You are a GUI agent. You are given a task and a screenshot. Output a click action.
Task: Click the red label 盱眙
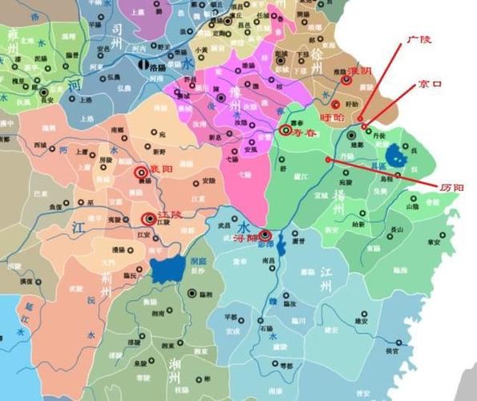330,117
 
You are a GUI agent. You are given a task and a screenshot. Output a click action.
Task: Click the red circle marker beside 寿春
285,130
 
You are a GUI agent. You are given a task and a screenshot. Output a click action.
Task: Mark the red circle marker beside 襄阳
140,170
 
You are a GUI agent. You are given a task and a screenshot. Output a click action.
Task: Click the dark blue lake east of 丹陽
395,153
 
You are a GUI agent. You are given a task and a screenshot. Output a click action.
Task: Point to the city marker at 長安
48,91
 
